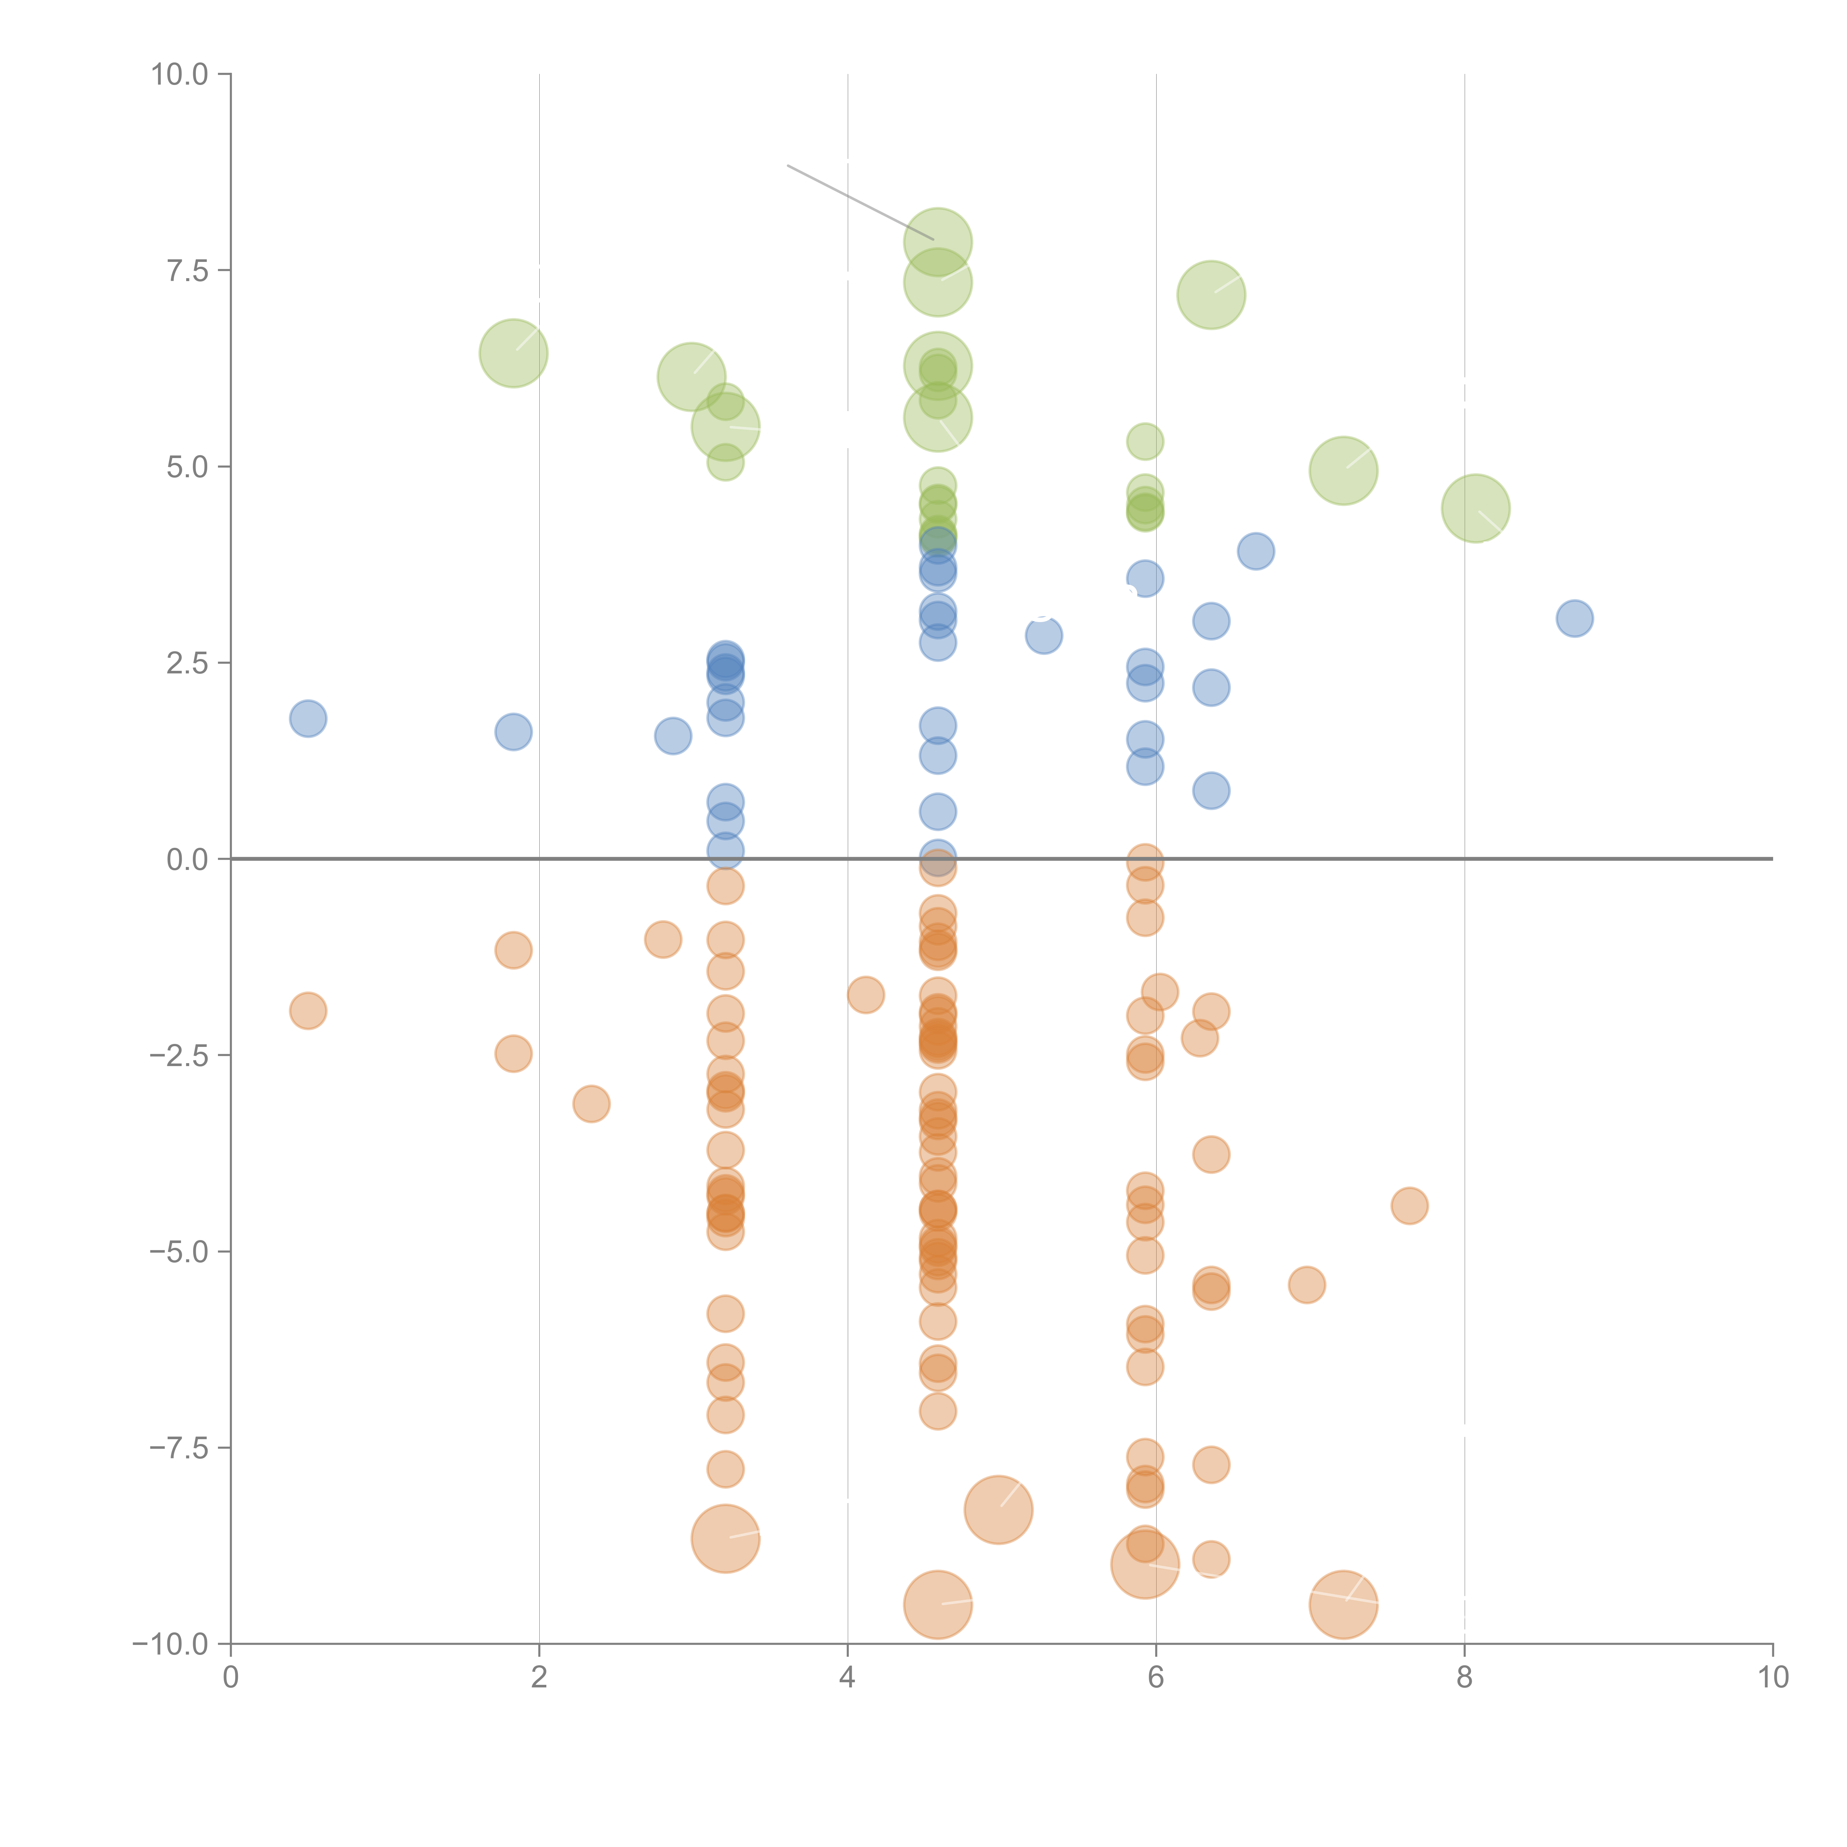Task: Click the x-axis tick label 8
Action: point(1465,1678)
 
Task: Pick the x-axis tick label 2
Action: point(539,1678)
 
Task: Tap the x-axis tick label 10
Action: point(1772,1678)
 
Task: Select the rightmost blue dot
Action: point(1574,618)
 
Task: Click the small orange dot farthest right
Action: point(1409,1205)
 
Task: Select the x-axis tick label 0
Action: point(231,1678)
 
